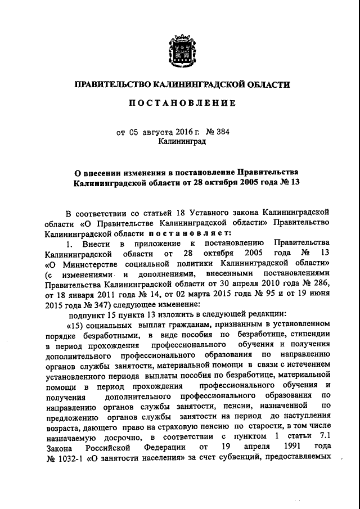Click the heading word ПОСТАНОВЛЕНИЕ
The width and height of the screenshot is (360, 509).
[183, 104]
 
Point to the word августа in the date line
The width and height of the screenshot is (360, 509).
[157, 132]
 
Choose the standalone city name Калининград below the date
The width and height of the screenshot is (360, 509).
[182, 142]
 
